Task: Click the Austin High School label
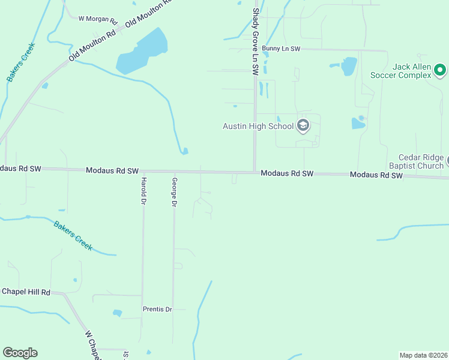pyautogui.click(x=258, y=126)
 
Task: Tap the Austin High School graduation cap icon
pyautogui.click(x=303, y=126)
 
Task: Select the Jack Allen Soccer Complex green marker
pyautogui.click(x=440, y=71)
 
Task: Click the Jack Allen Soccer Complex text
pyautogui.click(x=401, y=71)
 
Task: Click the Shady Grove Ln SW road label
pyautogui.click(x=255, y=41)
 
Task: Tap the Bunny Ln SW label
pyautogui.click(x=280, y=48)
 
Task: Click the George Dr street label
pyautogui.click(x=174, y=193)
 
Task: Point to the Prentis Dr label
pyautogui.click(x=157, y=310)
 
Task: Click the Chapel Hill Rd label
pyautogui.click(x=26, y=292)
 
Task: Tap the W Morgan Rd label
pyautogui.click(x=97, y=19)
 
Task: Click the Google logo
pyautogui.click(x=20, y=353)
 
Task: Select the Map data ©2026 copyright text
pyautogui.click(x=424, y=355)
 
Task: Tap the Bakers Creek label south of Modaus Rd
pyautogui.click(x=73, y=236)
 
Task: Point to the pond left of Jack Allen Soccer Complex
pyautogui.click(x=349, y=66)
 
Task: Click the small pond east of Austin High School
pyautogui.click(x=358, y=123)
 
